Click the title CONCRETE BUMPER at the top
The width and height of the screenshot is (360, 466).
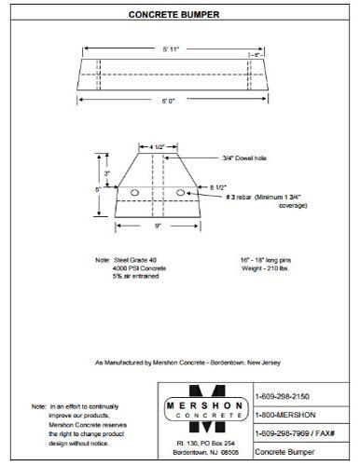[179, 16]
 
